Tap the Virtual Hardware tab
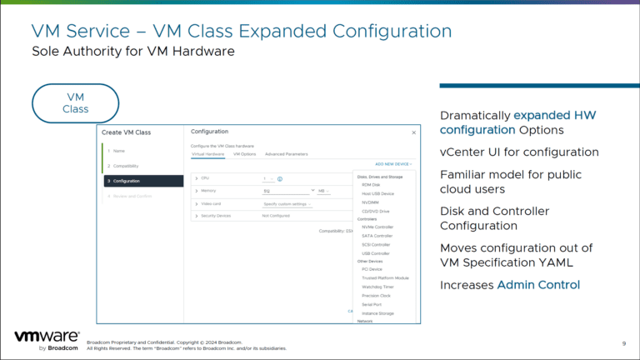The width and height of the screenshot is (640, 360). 207,154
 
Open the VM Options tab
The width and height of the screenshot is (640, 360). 244,154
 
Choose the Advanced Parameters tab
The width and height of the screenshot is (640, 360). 286,154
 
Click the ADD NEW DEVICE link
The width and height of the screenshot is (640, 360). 392,164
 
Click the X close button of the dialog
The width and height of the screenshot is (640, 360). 414,132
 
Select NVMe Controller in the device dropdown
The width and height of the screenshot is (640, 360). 377,226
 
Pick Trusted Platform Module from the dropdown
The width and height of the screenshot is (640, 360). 385,277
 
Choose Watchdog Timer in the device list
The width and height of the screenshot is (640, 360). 378,287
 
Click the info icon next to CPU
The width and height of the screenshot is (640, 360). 280,178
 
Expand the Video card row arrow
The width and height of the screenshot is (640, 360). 196,203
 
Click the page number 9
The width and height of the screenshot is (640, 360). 624,342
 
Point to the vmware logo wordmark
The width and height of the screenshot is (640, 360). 47,336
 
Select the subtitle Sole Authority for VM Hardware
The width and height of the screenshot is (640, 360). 132,52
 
